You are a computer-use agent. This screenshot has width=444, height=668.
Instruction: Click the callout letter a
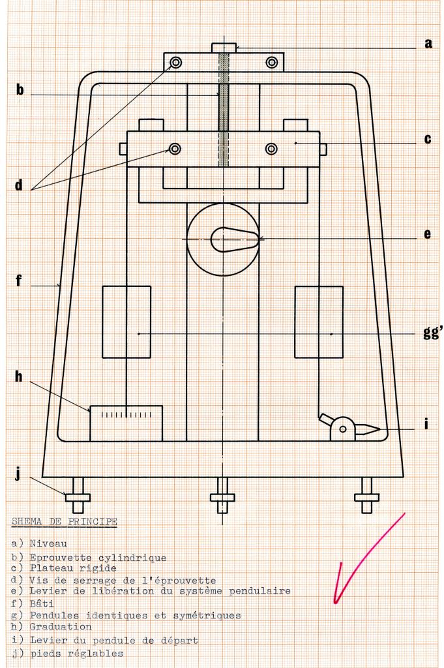click(428, 44)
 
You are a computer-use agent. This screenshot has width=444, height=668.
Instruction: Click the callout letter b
click(20, 89)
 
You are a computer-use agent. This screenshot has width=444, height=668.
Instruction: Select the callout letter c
click(428, 139)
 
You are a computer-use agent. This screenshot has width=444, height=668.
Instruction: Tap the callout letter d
click(20, 185)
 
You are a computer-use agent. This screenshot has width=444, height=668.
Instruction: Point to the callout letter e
click(428, 234)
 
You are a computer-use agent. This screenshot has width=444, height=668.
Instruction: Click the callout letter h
click(20, 377)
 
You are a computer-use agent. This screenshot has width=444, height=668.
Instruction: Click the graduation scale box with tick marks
click(126, 423)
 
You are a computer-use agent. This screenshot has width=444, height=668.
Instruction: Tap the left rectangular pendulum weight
click(126, 322)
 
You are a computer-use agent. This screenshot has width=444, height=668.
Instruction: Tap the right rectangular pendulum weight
click(319, 322)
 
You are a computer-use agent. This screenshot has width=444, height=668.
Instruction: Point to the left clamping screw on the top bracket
click(175, 63)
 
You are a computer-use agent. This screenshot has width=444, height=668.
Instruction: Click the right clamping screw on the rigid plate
click(272, 149)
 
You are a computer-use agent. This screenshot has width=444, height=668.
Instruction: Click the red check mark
click(365, 561)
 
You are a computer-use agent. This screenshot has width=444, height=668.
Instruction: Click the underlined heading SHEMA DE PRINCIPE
click(64, 521)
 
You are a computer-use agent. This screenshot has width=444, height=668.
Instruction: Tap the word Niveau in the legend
click(48, 543)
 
